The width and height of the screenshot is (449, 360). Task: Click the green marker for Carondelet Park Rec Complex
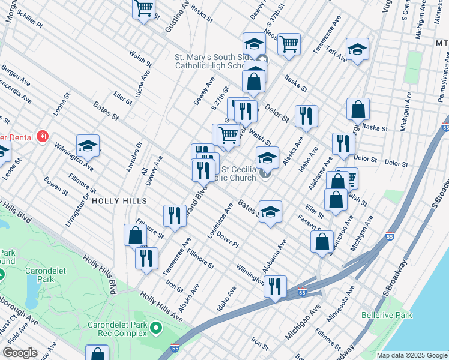156,328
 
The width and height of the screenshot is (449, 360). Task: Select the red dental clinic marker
42,136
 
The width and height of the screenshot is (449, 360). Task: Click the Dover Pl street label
228,240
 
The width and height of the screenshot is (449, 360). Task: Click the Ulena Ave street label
142,85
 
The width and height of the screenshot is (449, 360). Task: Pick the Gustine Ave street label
178,16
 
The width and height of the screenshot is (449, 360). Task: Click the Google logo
20,353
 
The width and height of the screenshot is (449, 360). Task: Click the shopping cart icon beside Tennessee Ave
289,43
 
